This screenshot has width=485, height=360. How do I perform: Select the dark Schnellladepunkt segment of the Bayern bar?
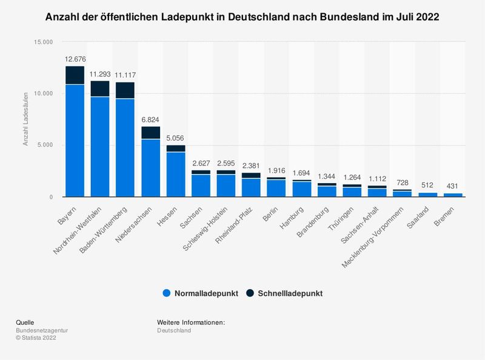click(75, 76)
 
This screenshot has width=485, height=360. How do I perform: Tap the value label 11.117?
click(125, 75)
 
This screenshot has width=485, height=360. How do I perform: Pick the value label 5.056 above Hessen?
click(176, 137)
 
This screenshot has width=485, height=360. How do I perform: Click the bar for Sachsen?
click(201, 184)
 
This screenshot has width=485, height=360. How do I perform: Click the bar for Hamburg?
click(301, 189)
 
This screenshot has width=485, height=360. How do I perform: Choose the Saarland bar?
click(427, 195)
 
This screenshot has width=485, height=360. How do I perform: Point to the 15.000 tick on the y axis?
click(44, 42)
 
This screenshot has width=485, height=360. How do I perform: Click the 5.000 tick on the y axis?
click(45, 145)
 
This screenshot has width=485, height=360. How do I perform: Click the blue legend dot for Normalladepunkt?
click(167, 293)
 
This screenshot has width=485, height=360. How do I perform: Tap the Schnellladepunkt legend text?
click(290, 293)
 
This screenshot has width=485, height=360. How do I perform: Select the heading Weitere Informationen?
click(191, 322)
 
